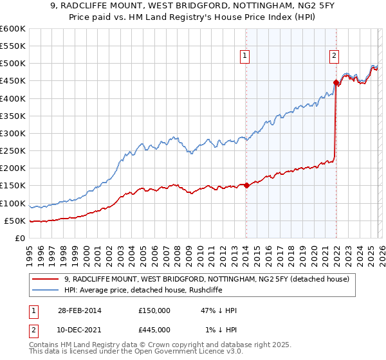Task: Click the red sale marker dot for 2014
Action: pyautogui.click(x=246, y=186)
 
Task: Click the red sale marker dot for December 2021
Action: pyautogui.click(x=336, y=82)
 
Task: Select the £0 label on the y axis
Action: pyautogui.click(x=19, y=238)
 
